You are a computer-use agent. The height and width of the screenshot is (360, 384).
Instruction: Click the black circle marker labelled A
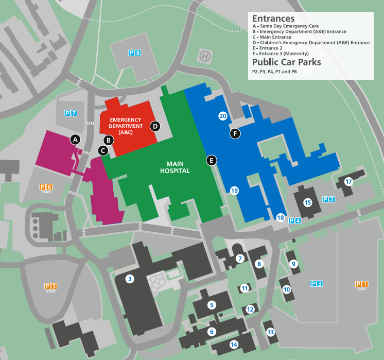click(76, 139)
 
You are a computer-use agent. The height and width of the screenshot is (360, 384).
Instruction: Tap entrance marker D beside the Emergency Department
click(155, 126)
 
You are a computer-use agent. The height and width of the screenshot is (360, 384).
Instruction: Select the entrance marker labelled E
click(211, 160)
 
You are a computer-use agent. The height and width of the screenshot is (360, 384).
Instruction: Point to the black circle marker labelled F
click(235, 134)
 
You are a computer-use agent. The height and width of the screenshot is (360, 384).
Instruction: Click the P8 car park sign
click(134, 53)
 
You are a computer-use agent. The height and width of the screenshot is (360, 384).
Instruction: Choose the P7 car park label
click(71, 113)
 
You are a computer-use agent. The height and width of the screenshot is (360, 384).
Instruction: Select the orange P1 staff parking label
click(361, 284)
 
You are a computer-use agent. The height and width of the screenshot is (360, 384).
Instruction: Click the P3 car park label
click(316, 283)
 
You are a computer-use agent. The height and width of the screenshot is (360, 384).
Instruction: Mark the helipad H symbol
click(205, 57)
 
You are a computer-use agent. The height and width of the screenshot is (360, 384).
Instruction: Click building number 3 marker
click(130, 279)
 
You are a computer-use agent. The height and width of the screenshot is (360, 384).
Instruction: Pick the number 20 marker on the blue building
click(223, 116)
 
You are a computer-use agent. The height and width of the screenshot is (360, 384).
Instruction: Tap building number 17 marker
click(348, 182)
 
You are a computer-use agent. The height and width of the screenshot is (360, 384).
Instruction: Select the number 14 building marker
click(234, 345)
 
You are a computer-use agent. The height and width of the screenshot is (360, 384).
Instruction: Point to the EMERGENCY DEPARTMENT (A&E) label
click(126, 126)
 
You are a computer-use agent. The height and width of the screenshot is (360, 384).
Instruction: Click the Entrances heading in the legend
click(273, 19)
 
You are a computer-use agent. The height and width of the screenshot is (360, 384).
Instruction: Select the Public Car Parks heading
click(286, 62)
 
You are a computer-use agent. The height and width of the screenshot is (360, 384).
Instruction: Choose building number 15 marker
click(308, 202)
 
